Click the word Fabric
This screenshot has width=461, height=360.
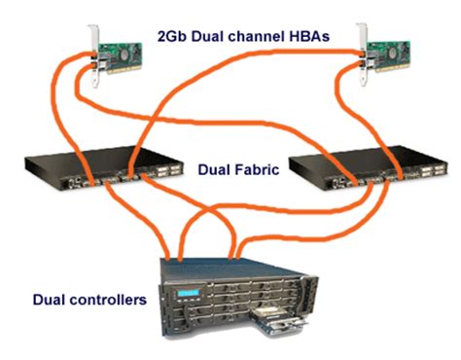click(257, 169)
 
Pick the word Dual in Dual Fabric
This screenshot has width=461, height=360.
click(215, 169)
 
